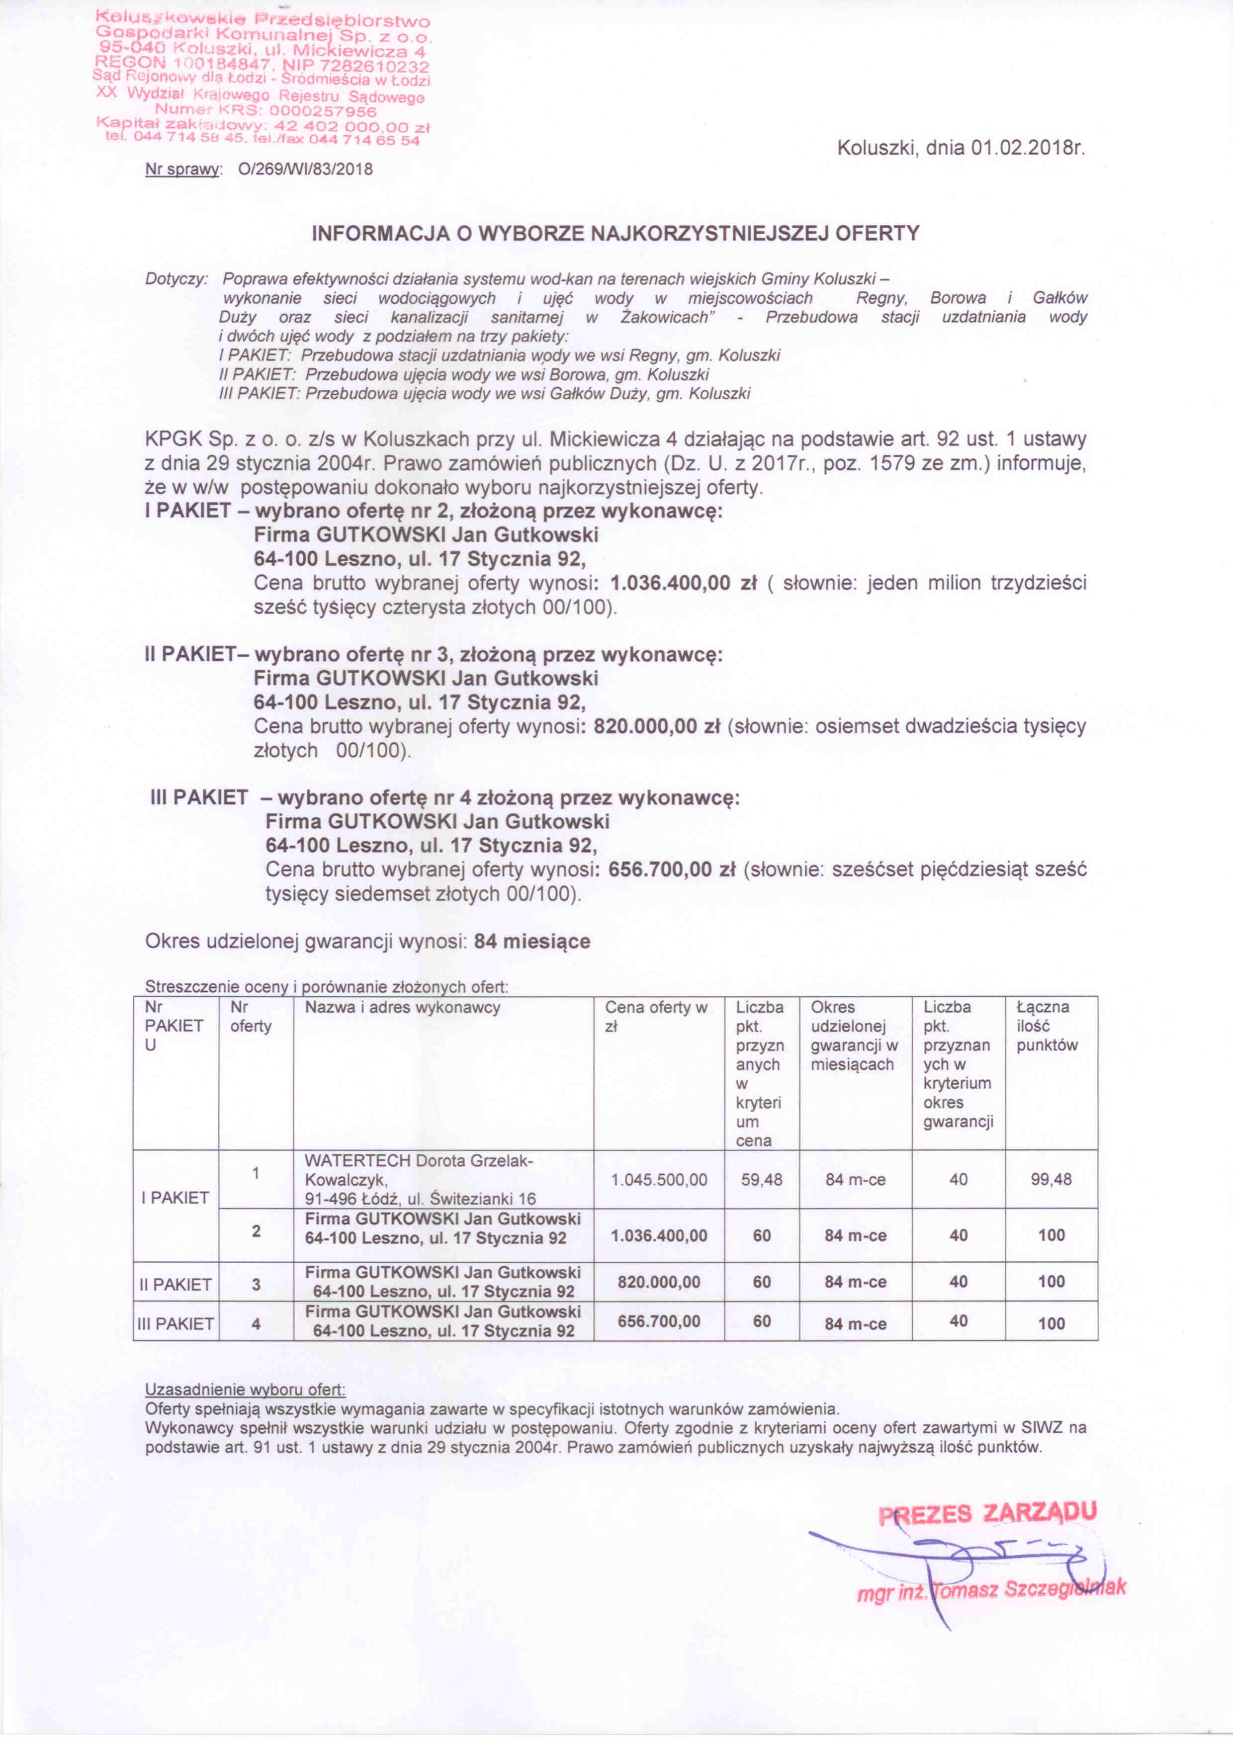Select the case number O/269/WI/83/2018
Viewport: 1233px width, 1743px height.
305,170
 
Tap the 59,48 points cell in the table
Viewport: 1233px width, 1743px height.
762,1180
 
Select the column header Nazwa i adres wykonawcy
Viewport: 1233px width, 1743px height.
402,1008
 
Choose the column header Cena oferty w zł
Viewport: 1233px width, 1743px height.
656,1017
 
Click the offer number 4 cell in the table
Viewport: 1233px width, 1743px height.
256,1323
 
